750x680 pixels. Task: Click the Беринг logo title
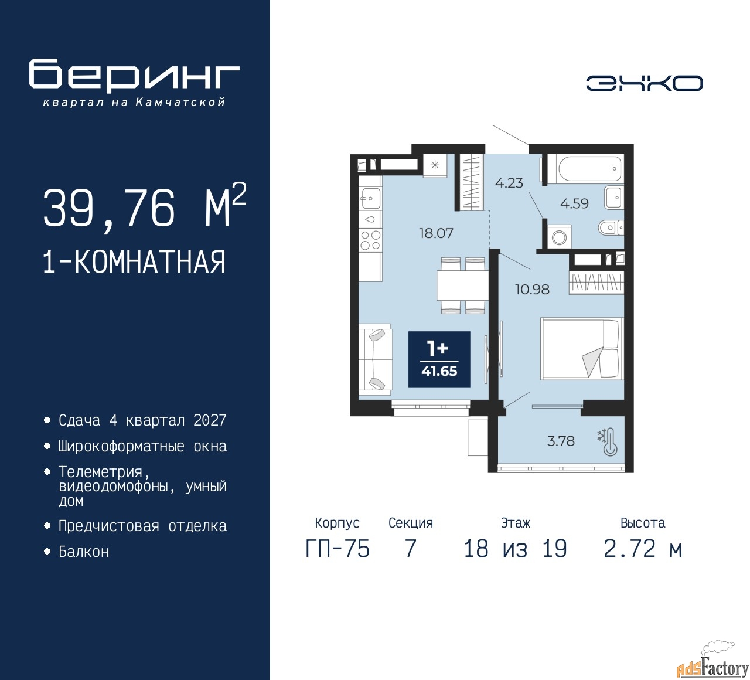pos(134,75)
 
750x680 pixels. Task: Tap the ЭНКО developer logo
pos(644,83)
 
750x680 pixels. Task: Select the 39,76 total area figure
pos(109,208)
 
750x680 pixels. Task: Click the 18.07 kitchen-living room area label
pos(436,233)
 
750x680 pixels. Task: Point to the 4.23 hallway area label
pos(509,183)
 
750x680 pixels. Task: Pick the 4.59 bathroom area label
pos(574,203)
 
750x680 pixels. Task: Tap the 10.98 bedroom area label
pos(532,290)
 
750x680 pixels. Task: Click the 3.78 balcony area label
pos(561,441)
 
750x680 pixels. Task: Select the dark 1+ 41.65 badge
pos(439,359)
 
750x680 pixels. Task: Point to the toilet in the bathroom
pos(611,227)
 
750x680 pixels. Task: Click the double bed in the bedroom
pos(582,349)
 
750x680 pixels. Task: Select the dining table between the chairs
pos(462,285)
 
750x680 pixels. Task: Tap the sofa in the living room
pos(375,360)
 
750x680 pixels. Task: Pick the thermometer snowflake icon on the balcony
pos(607,443)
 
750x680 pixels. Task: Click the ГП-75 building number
pos(337,548)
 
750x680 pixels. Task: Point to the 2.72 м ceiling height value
pos(643,548)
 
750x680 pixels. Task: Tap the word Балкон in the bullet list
pos(84,552)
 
